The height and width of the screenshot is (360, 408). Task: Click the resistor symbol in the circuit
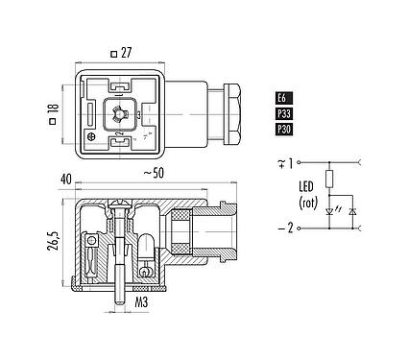click(330, 177)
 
